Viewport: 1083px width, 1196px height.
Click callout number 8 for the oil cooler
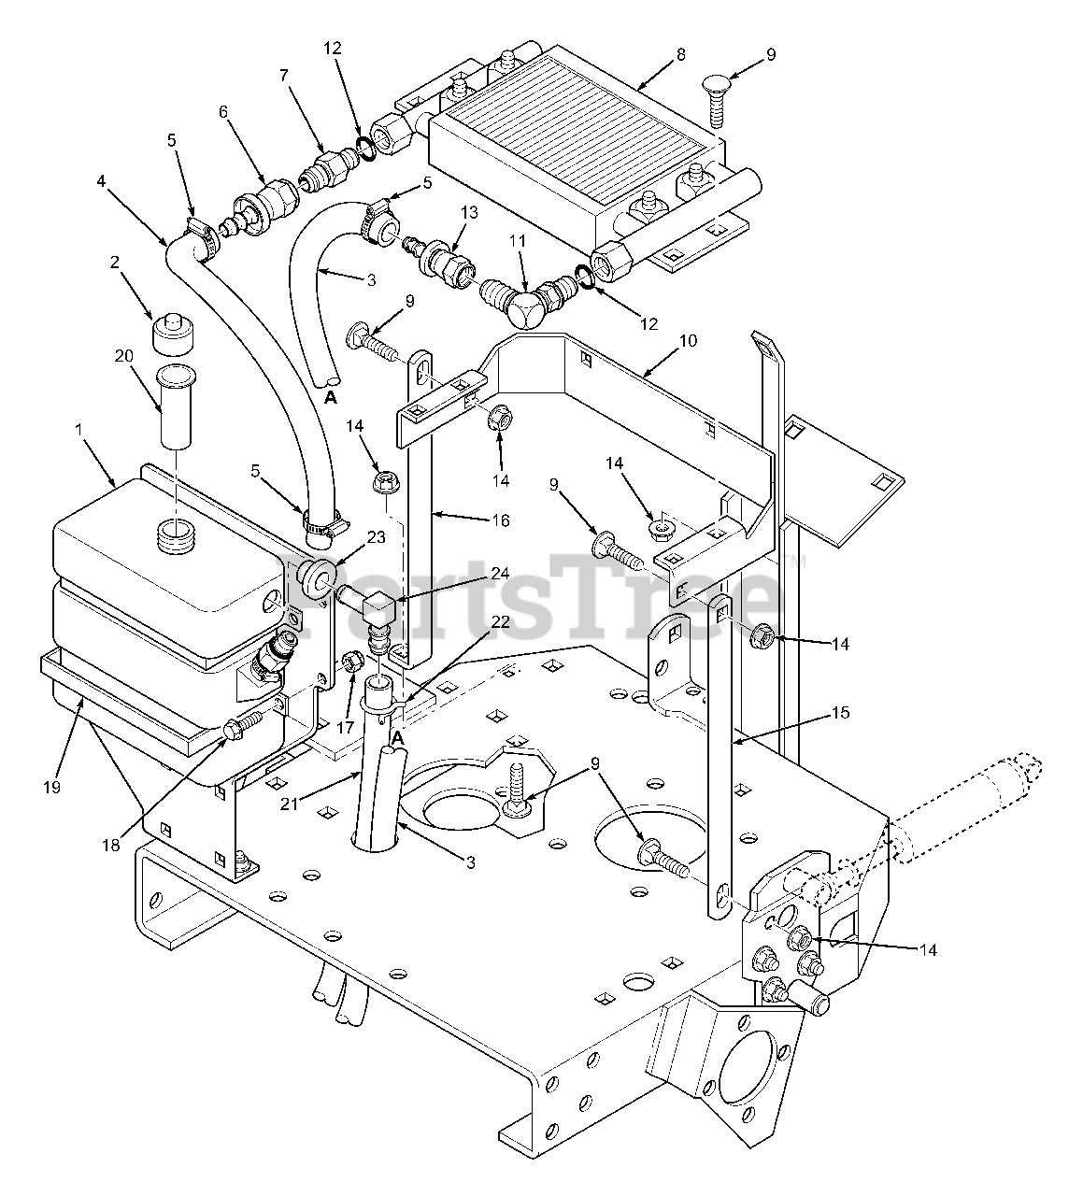680,54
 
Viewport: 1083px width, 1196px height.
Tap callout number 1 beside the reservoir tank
79,429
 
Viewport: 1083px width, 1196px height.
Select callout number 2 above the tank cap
115,263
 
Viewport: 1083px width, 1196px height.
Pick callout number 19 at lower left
51,787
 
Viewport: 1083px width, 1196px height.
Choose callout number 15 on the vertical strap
840,713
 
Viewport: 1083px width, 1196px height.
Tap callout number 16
501,520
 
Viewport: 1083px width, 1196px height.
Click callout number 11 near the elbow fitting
518,241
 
